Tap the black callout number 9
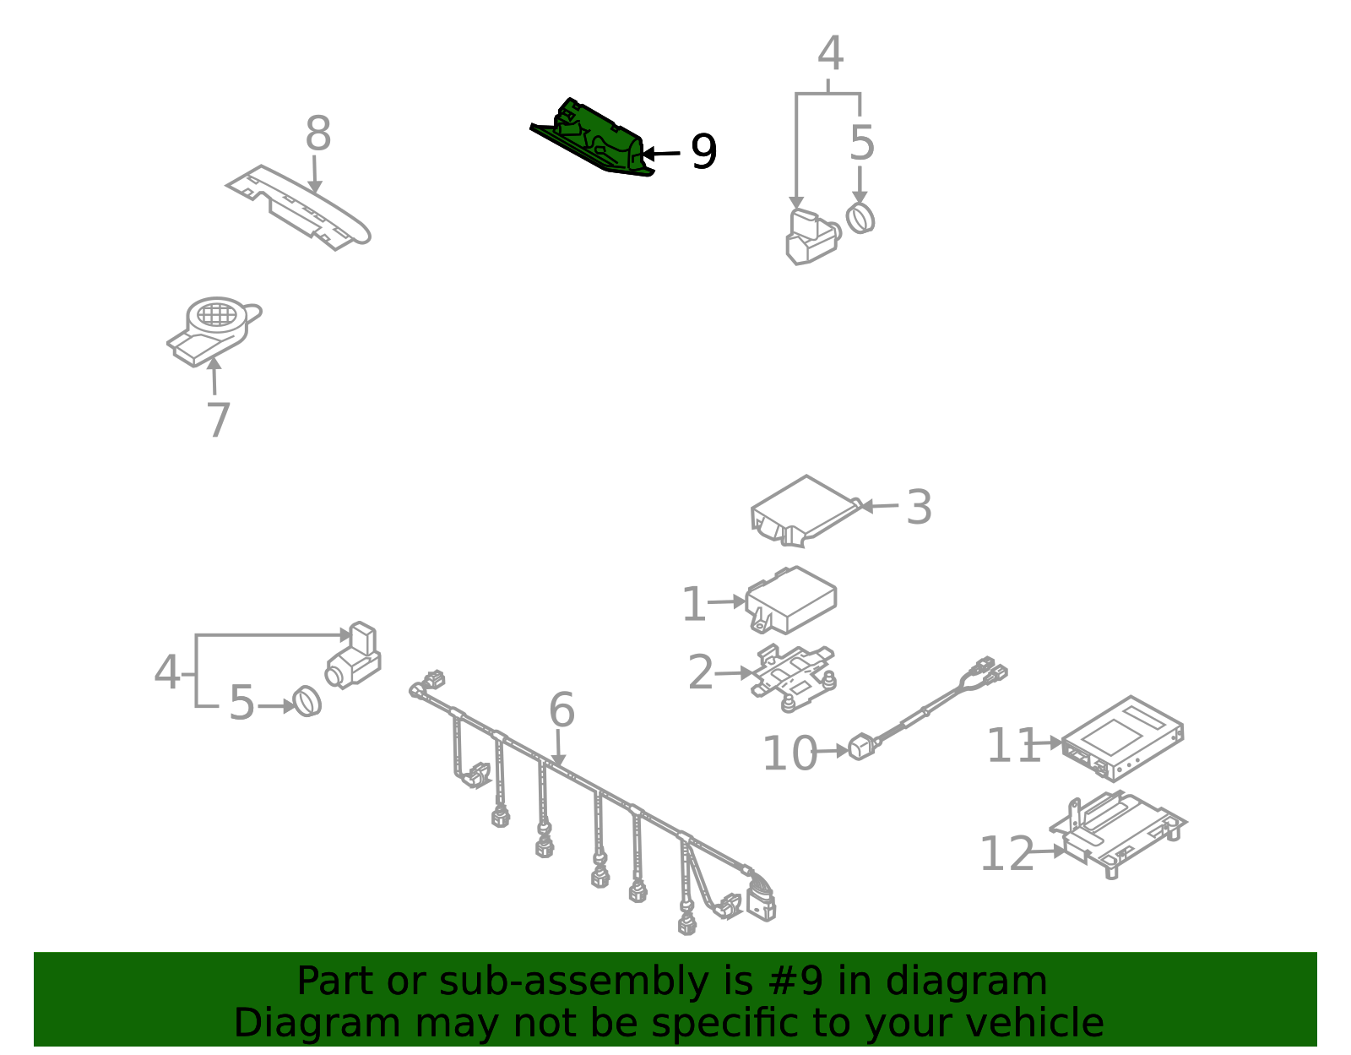704,151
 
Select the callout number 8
317,133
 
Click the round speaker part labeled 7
214,331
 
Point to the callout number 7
218,420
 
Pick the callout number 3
919,507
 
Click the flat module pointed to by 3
806,511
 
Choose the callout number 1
694,603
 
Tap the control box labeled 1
791,600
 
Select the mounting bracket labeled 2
793,677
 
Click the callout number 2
701,672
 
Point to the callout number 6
562,710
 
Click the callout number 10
789,753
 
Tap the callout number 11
1013,744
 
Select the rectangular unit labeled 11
1122,738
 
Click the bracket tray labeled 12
1117,834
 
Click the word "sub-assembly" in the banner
573,981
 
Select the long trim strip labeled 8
298,208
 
